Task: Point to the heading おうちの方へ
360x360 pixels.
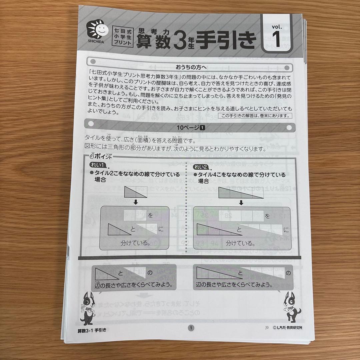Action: point(191,67)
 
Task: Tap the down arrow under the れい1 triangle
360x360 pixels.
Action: point(135,202)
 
